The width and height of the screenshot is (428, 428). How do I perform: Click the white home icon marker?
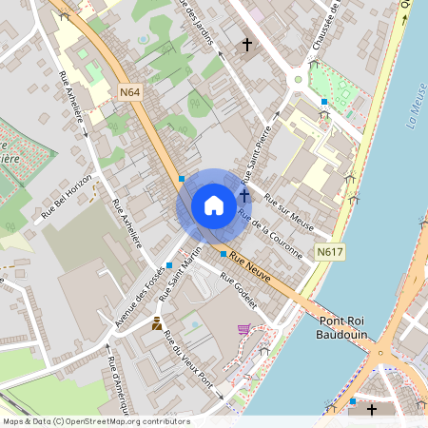(x=213, y=205)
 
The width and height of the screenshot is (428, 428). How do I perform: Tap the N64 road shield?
(x=130, y=92)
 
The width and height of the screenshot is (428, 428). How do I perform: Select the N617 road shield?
(x=330, y=252)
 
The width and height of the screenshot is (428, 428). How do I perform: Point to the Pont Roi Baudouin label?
(x=347, y=327)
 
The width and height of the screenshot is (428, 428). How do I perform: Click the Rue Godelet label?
(x=240, y=291)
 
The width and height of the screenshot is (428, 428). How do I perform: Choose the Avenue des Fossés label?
(x=139, y=300)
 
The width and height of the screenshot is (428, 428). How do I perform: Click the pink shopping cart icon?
(x=243, y=329)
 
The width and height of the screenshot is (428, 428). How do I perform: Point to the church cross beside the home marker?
(x=244, y=195)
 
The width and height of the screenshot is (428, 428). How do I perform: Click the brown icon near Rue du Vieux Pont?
(x=157, y=324)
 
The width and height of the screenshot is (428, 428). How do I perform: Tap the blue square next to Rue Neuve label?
(x=224, y=254)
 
